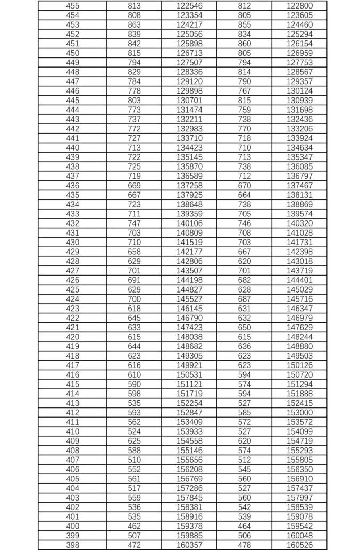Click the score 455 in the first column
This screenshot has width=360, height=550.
click(x=72, y=5)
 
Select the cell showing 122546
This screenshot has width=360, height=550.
click(x=189, y=5)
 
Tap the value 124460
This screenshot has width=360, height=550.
click(x=299, y=24)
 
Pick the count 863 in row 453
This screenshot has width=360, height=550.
click(x=135, y=24)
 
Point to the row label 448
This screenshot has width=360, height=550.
click(x=72, y=72)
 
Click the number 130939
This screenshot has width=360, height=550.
click(x=299, y=101)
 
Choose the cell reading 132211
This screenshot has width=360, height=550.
click(x=189, y=119)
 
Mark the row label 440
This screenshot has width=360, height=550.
click(x=72, y=148)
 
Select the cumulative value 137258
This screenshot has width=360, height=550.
click(x=189, y=186)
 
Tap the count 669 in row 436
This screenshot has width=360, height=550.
click(x=135, y=186)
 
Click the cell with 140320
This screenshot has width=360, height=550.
click(x=299, y=223)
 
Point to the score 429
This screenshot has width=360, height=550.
click(x=72, y=252)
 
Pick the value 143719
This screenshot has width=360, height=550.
click(x=299, y=271)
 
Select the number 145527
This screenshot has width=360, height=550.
click(x=189, y=299)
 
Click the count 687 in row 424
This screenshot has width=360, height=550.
click(x=245, y=299)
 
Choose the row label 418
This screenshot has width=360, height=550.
click(x=72, y=356)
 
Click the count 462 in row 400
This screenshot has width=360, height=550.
click(x=135, y=526)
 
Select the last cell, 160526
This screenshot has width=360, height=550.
click(x=299, y=545)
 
